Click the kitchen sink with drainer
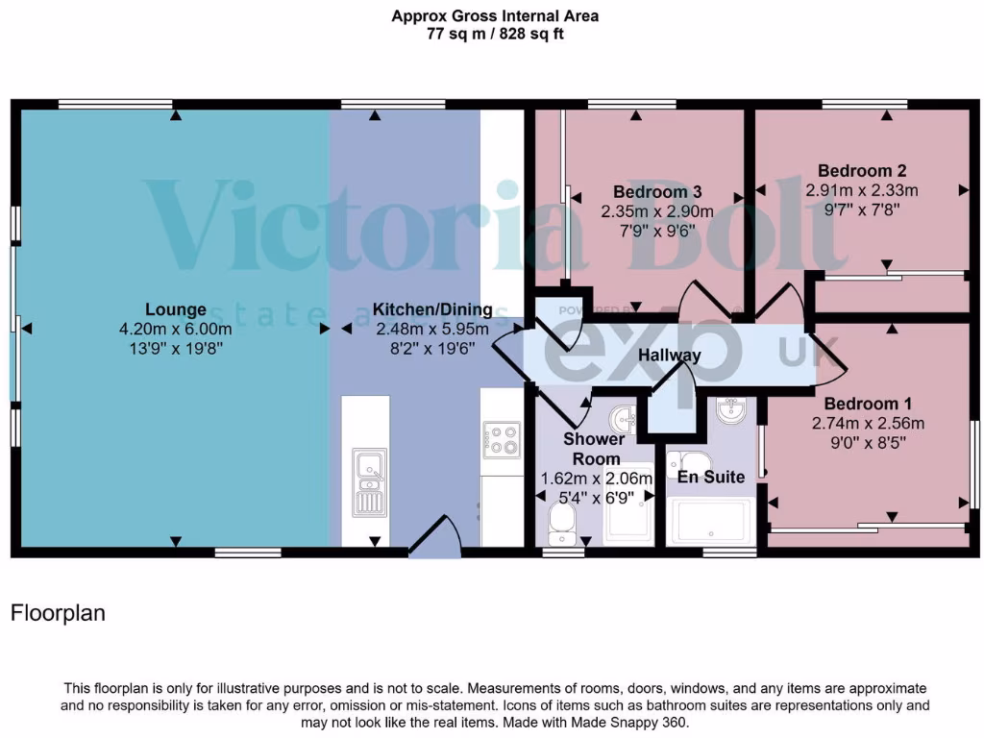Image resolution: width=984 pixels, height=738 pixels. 366,483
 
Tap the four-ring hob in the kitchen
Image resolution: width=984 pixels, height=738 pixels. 501,438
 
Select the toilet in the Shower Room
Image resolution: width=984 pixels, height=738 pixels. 560,523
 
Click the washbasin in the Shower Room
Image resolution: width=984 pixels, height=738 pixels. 624,419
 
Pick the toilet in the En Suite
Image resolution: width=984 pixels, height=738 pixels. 688,461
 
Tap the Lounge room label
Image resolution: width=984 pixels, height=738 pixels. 175,309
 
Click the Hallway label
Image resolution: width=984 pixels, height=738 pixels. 670,355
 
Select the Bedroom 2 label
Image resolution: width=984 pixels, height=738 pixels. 862,172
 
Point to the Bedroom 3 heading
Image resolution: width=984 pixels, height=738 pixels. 657,192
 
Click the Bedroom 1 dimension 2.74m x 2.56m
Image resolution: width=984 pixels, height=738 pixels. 868,423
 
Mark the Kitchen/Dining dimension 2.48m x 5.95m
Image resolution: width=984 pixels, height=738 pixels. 431,329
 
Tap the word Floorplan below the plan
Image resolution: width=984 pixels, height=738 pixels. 57,613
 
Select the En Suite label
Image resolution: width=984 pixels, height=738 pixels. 711,477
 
